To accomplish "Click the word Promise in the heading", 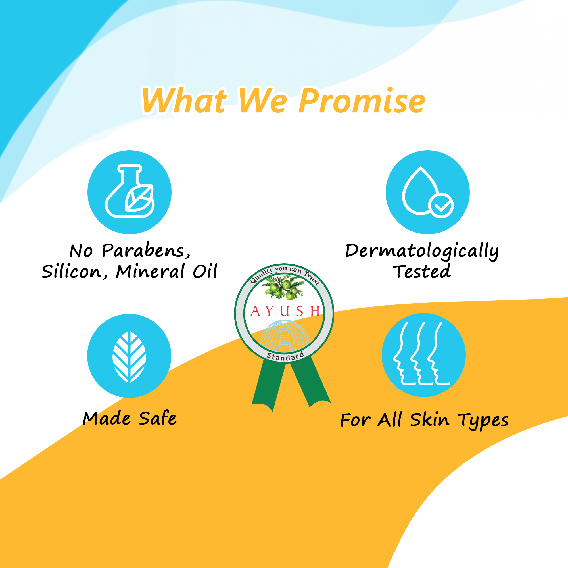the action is [362, 101].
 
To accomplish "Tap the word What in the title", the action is [185, 100].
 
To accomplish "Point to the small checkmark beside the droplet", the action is [441, 206].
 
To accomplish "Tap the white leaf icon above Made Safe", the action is [129, 357].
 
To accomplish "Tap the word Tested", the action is [422, 271].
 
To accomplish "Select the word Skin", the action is [429, 419].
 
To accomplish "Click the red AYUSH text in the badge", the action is [285, 311].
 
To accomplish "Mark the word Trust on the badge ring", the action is [312, 277].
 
